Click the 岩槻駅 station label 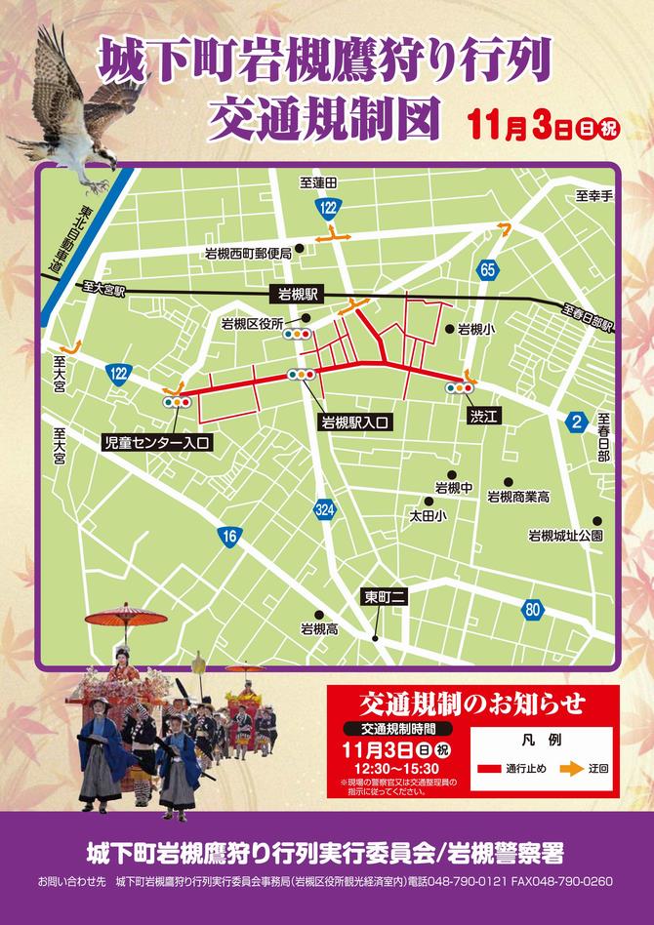tap(298, 293)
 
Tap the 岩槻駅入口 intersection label tap(356, 422)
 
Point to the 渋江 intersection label tap(483, 417)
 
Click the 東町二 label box tap(384, 597)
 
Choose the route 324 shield tap(326, 509)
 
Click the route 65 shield tap(487, 268)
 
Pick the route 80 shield tap(532, 611)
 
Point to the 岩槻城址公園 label tap(565, 536)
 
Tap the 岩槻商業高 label tap(517, 497)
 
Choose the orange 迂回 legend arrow tap(572, 769)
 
